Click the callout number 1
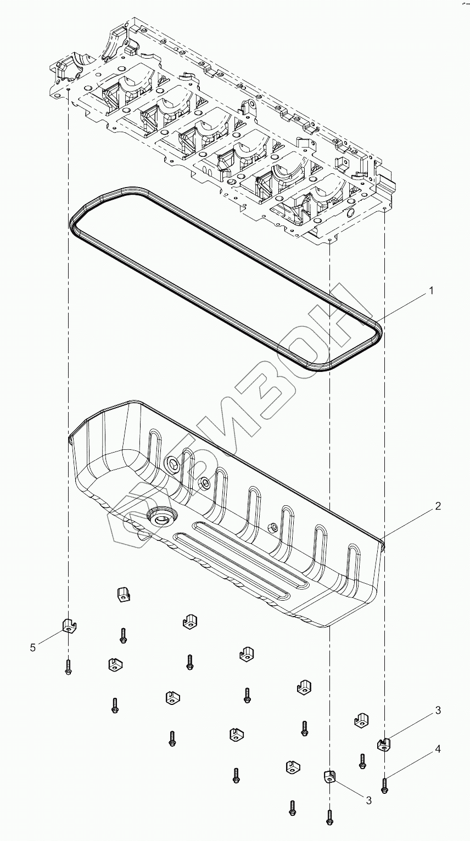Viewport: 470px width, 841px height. click(431, 291)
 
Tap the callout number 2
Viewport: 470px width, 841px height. click(438, 506)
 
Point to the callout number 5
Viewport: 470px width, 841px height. click(33, 648)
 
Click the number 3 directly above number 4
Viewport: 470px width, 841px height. click(438, 710)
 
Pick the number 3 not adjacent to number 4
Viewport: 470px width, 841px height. click(369, 800)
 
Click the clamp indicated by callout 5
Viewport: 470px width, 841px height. click(68, 624)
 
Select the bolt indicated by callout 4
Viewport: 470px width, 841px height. click(384, 784)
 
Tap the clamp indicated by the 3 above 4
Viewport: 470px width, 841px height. click(384, 744)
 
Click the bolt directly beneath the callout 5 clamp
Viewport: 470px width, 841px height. click(68, 667)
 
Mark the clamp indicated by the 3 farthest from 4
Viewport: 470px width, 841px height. click(328, 776)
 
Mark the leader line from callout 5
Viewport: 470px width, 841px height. click(52, 637)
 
